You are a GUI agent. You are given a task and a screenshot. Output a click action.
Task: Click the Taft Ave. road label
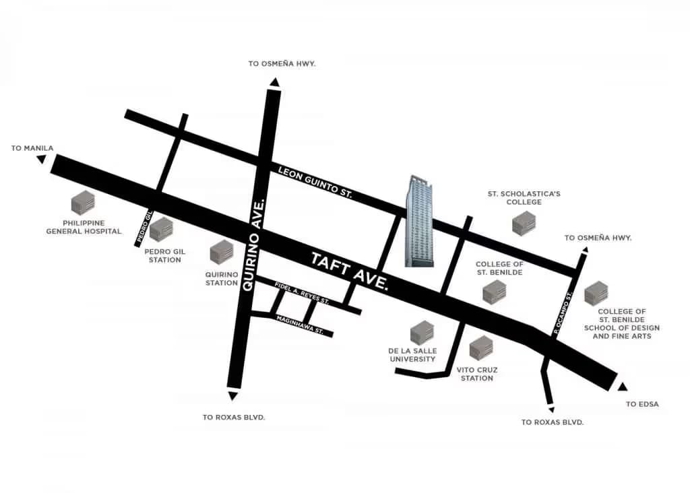[x=350, y=271]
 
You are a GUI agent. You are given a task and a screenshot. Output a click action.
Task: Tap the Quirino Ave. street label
[x=251, y=243]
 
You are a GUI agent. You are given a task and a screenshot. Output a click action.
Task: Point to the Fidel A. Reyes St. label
[x=301, y=295]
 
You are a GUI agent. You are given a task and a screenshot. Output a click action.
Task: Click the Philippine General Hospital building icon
[x=83, y=203]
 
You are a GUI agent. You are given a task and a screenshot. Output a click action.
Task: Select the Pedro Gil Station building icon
[x=162, y=230]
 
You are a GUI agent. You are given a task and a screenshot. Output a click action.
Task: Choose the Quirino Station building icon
[x=222, y=253]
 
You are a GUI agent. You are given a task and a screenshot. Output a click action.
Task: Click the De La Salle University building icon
[x=422, y=333]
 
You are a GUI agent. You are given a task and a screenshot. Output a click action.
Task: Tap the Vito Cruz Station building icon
[x=481, y=348]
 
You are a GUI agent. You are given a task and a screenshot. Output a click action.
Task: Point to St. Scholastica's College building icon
[x=524, y=224]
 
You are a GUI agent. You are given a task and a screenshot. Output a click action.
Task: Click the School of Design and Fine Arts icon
[x=596, y=294]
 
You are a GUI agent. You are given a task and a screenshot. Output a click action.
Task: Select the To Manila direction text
[x=32, y=148]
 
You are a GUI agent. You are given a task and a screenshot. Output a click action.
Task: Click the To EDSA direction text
[x=642, y=404]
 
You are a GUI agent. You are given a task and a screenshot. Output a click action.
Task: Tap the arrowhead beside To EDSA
[x=622, y=387]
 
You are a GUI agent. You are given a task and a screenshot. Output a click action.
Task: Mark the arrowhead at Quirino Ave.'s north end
[x=274, y=82]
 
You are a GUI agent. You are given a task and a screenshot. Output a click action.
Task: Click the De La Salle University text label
[x=413, y=355]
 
